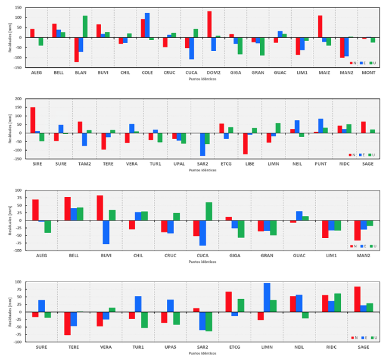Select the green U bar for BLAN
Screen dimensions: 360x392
click(x=85, y=27)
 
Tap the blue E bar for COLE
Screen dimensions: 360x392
click(x=147, y=25)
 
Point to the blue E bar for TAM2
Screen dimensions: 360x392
click(x=85, y=140)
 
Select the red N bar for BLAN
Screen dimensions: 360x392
click(x=77, y=50)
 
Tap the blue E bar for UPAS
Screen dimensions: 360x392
click(x=170, y=306)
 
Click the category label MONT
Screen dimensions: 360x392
click(x=368, y=73)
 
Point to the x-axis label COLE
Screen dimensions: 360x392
click(x=147, y=73)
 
